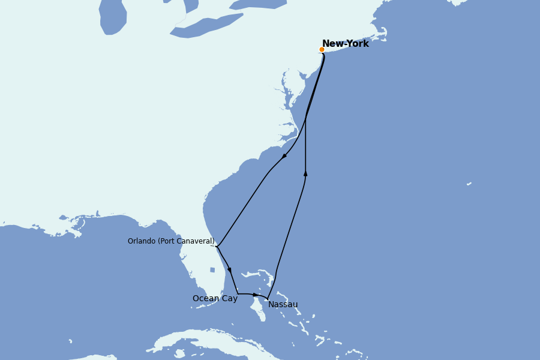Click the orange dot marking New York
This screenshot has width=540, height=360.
tap(322, 50)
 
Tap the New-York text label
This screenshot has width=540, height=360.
tap(346, 44)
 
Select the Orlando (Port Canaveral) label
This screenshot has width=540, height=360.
tap(171, 241)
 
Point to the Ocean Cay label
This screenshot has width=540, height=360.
tap(215, 298)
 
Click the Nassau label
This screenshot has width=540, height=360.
tap(283, 304)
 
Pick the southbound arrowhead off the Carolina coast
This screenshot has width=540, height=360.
tap(284, 156)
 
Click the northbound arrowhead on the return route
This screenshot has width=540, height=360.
tap(305, 173)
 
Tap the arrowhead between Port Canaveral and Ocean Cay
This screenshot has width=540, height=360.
tap(229, 270)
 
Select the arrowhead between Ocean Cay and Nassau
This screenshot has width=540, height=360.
tap(256, 295)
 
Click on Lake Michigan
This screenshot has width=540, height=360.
tap(112, 17)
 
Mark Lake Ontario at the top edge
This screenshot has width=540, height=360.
tap(258, 4)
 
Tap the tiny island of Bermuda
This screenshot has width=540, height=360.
tap(469, 184)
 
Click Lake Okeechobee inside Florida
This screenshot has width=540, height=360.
tap(212, 270)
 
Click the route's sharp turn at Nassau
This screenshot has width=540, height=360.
tap(268, 299)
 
